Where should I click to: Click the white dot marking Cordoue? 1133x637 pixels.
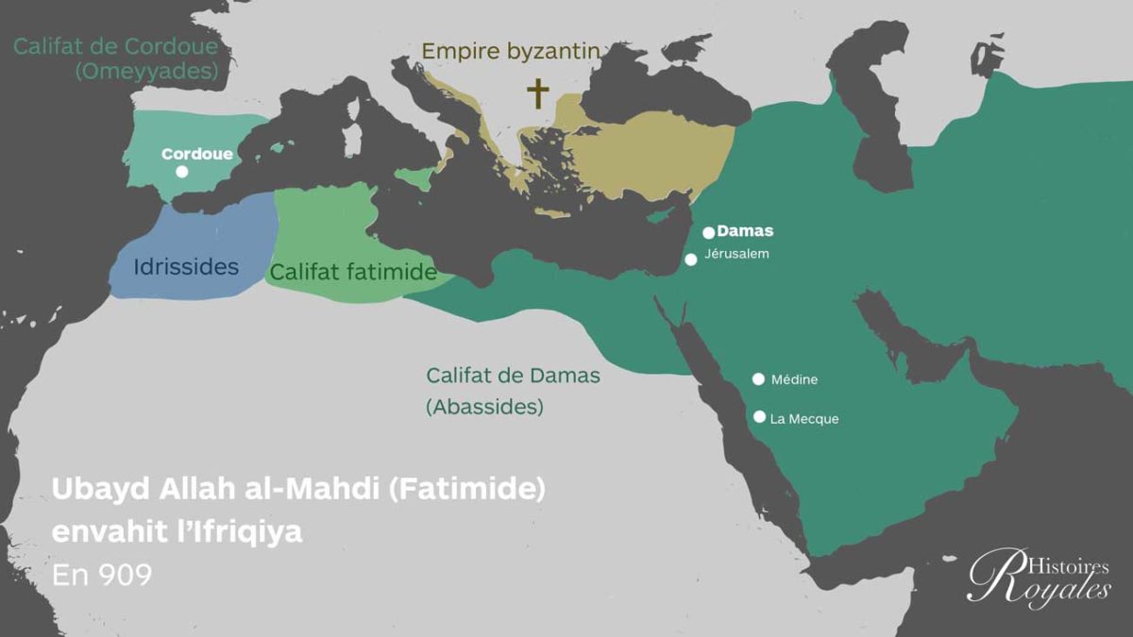tap(182, 172)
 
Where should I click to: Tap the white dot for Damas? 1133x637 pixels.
tap(709, 232)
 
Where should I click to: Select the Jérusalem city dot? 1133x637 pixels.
tap(691, 260)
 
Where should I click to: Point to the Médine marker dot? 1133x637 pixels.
tap(758, 379)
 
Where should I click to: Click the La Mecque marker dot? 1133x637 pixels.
tap(758, 416)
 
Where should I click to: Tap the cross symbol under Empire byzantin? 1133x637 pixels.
tap(537, 93)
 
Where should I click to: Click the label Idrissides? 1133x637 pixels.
tap(186, 267)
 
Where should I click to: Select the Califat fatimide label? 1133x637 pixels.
tap(352, 273)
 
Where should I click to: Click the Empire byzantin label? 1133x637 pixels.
tap(511, 51)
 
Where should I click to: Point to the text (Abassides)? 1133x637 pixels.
tap(484, 408)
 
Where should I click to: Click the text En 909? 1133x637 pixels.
tap(102, 575)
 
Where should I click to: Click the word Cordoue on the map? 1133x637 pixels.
tap(196, 153)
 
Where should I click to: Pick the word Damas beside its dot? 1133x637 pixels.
tap(745, 231)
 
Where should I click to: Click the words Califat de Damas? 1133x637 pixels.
tap(513, 376)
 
